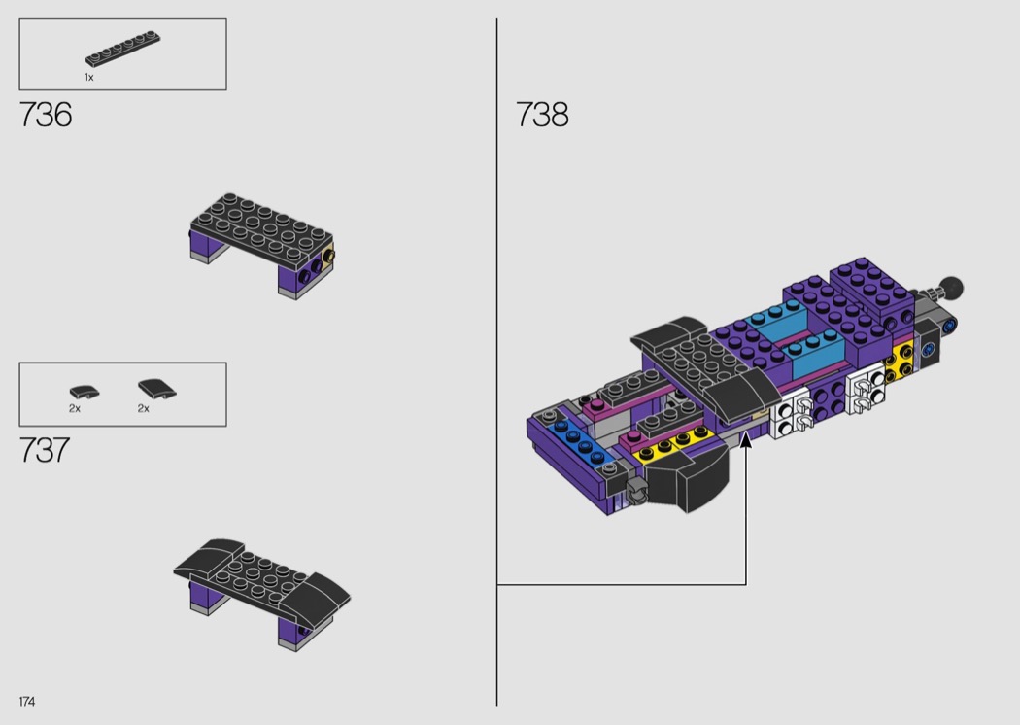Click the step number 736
click(46, 115)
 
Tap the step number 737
click(45, 450)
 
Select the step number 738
click(542, 115)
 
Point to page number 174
click(26, 701)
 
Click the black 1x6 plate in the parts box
click(122, 49)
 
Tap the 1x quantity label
click(89, 77)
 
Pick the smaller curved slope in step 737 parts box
click(85, 392)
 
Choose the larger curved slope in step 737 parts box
click(156, 389)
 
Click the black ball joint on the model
click(952, 287)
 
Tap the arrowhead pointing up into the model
click(746, 439)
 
